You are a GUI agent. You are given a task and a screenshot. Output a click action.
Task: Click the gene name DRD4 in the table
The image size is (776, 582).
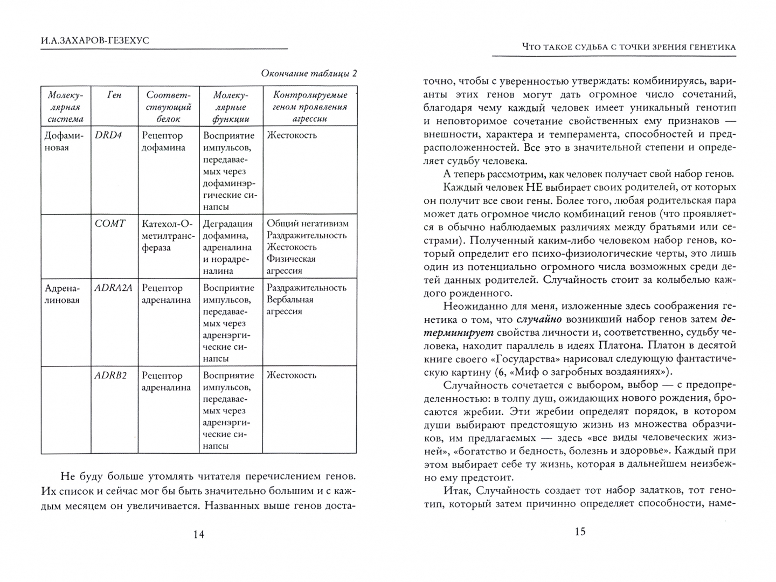[108, 135]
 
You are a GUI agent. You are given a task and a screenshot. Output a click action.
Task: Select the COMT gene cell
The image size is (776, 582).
[110, 224]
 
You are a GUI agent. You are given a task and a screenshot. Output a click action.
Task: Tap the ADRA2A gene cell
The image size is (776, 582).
[113, 288]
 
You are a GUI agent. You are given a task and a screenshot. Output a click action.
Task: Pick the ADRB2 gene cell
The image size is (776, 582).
[110, 376]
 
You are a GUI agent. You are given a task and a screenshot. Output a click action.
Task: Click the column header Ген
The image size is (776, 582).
[114, 95]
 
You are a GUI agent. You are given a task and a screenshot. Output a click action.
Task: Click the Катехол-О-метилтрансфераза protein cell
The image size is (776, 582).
[168, 235]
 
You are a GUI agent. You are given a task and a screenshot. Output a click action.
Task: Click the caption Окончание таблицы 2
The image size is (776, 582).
[309, 74]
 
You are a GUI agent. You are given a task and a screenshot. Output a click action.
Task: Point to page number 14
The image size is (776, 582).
[198, 534]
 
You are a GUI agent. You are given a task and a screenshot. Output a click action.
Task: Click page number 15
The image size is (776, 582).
[579, 532]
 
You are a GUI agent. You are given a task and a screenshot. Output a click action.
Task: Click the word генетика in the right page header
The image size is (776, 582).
[706, 47]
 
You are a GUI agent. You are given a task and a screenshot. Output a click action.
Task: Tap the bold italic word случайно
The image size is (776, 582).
[528, 320]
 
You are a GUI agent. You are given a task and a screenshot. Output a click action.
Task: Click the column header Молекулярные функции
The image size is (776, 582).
[231, 107]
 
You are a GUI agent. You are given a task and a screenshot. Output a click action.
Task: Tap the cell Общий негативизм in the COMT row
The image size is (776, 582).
[308, 224]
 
